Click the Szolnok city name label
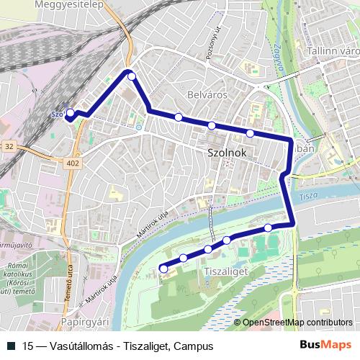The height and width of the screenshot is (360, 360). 227,153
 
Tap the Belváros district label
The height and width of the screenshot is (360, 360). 207,94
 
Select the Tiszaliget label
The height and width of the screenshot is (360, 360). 226,271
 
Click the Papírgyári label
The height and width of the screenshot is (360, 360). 84,321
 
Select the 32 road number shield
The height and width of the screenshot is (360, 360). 9,146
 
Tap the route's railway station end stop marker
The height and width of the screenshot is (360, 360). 71,113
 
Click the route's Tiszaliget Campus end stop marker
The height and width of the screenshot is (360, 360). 163,269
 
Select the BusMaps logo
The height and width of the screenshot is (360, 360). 326,345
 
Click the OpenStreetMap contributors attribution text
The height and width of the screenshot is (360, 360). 297,323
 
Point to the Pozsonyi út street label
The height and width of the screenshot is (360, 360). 212,48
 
